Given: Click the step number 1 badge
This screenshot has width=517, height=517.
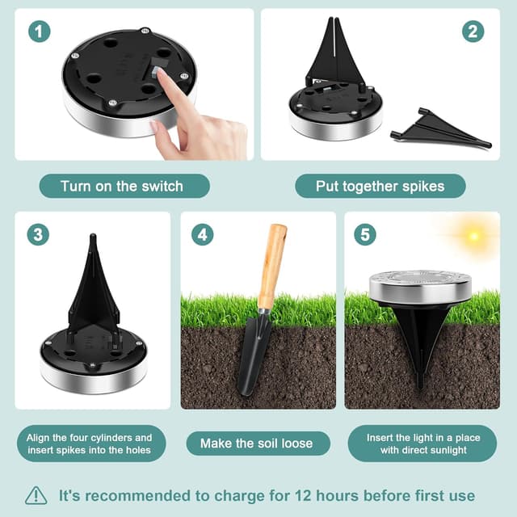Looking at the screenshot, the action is tap(40, 32).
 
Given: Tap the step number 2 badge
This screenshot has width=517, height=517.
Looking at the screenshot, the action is tap(473, 32).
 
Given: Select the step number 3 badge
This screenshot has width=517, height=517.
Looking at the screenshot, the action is tap(38, 235).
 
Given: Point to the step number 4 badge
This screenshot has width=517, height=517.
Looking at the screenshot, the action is tap(203, 235).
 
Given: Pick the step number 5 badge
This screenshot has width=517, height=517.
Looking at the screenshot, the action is tap(365, 235).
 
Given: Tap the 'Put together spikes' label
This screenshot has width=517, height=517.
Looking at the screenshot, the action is tap(380, 186).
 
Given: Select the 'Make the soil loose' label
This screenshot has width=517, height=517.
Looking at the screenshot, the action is tap(258, 443).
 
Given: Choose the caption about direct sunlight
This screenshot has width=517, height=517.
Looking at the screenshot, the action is tap(422, 443).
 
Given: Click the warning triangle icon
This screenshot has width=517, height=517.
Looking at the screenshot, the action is tap(36, 495).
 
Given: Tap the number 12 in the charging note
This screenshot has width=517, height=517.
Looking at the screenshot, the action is tap(303, 495).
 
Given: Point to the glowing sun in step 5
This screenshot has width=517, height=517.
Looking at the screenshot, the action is tap(474, 236).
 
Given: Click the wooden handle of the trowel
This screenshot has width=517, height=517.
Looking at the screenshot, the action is tap(272, 267).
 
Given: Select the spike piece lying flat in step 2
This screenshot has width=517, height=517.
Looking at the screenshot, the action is tap(441, 128).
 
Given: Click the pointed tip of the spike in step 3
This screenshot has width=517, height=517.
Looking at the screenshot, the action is tap(93, 235).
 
